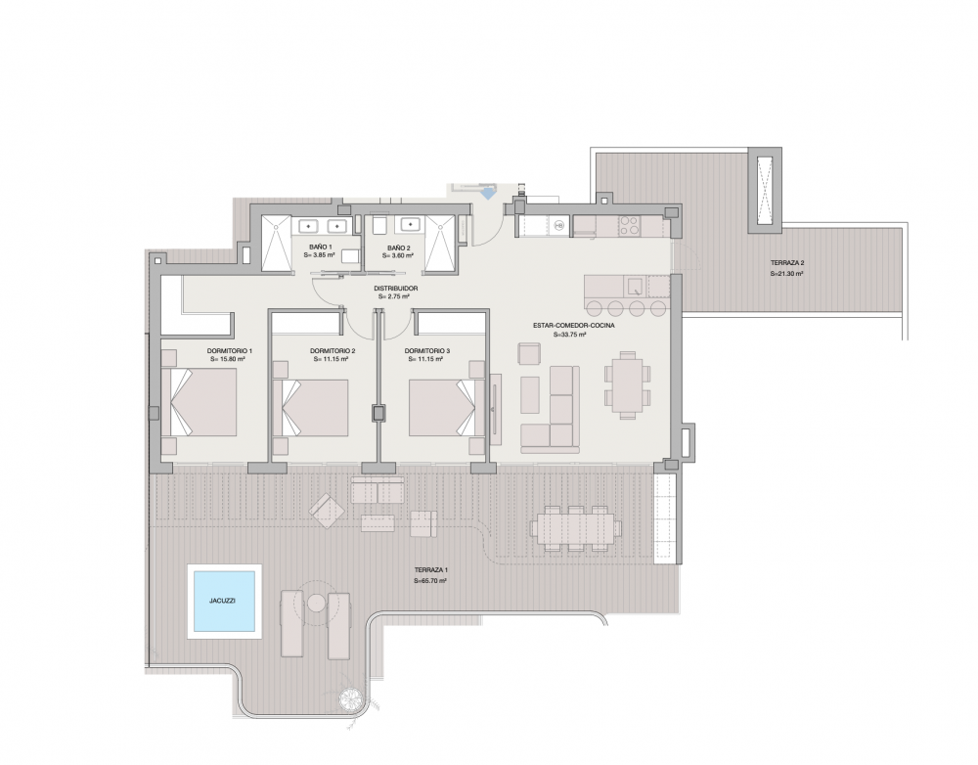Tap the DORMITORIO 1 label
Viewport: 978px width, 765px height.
click(230, 351)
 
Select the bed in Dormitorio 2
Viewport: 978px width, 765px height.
click(318, 407)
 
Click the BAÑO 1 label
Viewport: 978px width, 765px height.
click(319, 248)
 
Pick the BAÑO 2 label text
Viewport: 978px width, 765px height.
click(397, 248)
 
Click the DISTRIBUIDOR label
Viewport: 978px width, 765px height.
click(396, 289)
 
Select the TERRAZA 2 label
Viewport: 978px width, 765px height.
click(786, 265)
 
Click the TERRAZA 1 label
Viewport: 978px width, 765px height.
click(430, 571)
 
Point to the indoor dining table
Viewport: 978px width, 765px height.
click(626, 382)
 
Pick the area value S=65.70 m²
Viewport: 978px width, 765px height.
click(430, 581)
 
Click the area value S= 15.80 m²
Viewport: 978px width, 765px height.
click(228, 360)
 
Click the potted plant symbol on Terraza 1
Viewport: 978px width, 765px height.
click(350, 699)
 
